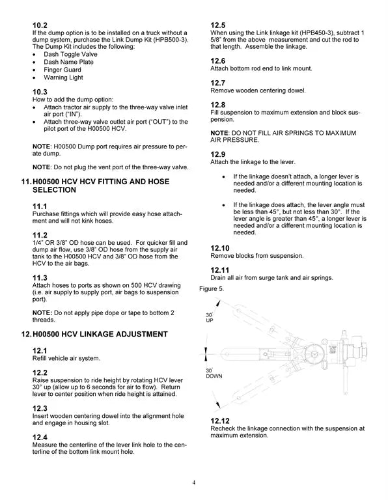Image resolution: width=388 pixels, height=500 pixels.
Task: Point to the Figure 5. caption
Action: (x=212, y=288)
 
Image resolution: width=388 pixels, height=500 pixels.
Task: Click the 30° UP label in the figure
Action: (x=210, y=318)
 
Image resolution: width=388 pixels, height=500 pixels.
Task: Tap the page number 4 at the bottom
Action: (x=194, y=482)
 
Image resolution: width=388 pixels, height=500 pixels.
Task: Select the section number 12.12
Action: (x=221, y=421)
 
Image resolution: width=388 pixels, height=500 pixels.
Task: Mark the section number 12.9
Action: (x=218, y=154)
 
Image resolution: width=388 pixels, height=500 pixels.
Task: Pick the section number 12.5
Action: (x=218, y=25)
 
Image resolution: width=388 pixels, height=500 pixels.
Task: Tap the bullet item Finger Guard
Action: (x=62, y=70)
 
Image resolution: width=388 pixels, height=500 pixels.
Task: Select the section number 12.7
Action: (x=218, y=83)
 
